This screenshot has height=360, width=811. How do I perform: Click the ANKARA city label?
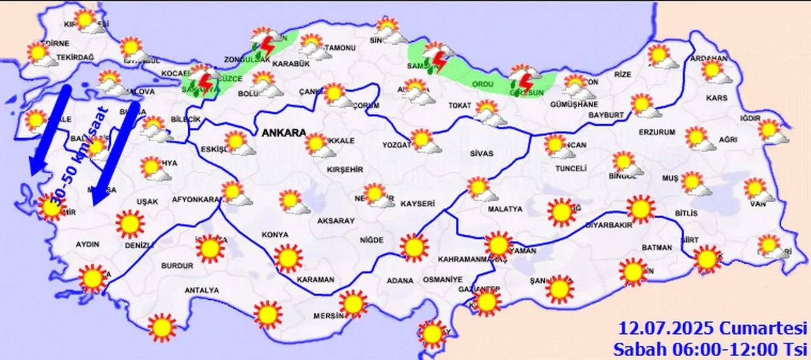(x=283, y=134)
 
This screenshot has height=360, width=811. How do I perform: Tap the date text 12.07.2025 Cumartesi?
(x=713, y=329)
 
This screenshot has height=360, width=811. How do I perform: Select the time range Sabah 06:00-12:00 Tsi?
(x=710, y=349)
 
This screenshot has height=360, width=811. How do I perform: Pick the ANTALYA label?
(x=201, y=290)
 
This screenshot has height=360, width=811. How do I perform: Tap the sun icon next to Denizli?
(x=130, y=224)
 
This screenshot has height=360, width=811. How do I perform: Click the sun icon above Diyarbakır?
(x=641, y=209)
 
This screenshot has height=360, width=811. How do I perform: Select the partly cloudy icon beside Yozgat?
(x=424, y=141)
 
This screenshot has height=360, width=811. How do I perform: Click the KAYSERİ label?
(x=418, y=203)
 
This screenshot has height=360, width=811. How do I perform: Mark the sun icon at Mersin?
(x=353, y=304)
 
